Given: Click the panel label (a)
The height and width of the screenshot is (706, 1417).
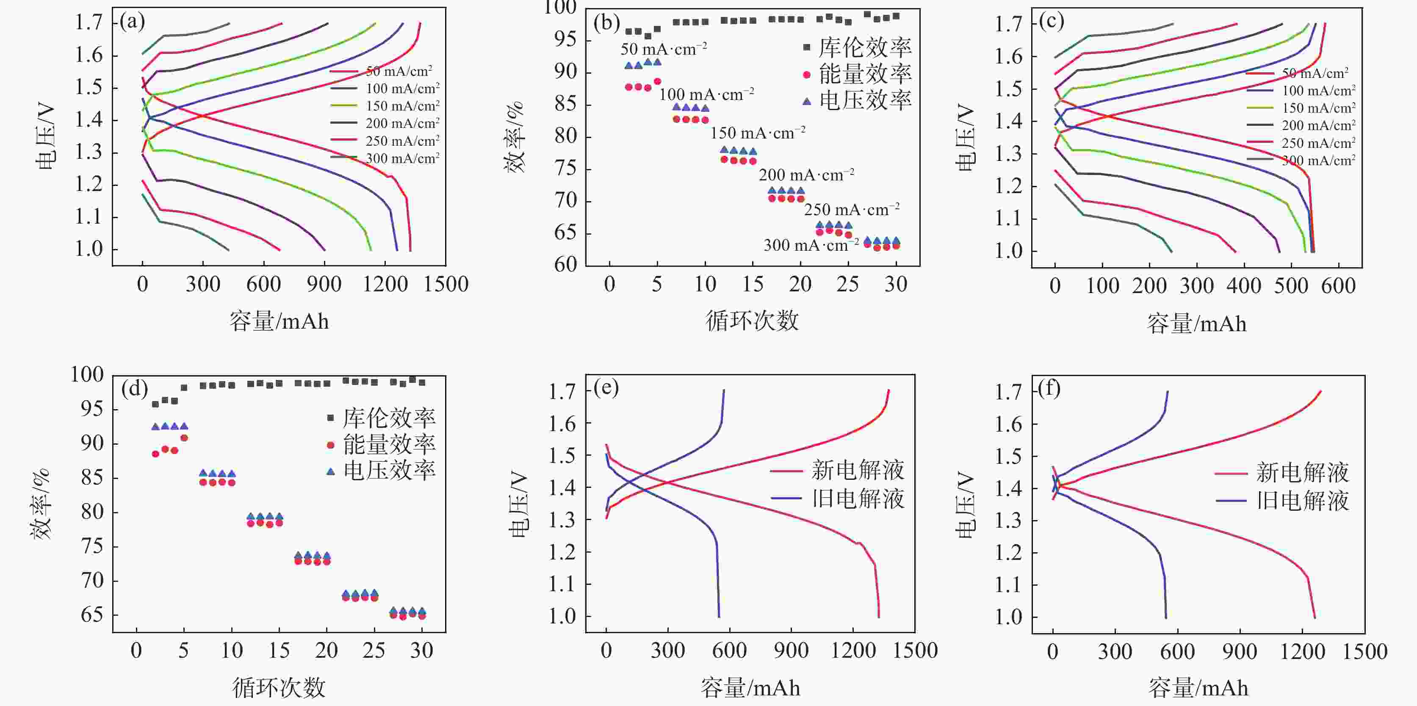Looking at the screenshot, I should coord(132,22).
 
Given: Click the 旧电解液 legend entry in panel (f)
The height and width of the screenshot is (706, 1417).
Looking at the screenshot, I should coord(1302,501).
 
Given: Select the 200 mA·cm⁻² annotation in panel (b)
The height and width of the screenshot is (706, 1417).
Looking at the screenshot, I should coord(806,175).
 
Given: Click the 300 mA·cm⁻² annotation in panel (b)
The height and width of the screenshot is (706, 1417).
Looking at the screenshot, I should coord(811,245).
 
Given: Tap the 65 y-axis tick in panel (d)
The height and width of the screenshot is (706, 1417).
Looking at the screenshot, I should coord(92,615).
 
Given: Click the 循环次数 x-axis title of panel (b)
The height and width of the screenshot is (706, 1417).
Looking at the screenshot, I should coord(752,321).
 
